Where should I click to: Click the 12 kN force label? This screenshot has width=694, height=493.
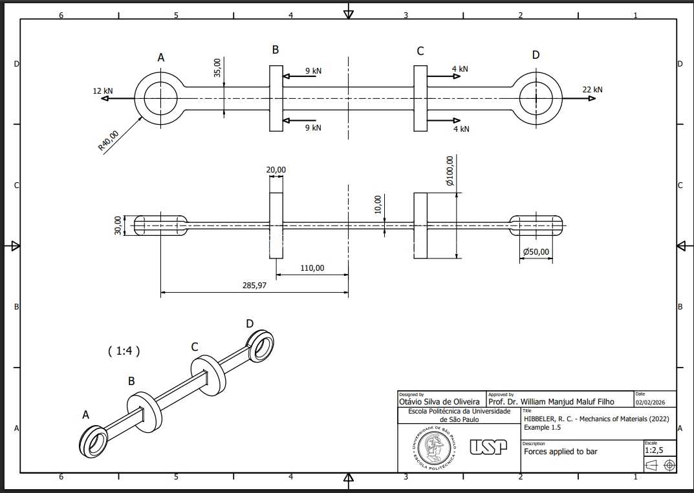click(103, 90)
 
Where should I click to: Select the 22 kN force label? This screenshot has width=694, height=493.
click(592, 89)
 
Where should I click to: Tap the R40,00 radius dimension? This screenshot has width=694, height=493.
click(109, 141)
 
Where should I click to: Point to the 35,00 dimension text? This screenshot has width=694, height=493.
click(217, 68)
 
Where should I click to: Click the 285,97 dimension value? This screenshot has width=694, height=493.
click(254, 285)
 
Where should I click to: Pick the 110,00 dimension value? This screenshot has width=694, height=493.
click(312, 268)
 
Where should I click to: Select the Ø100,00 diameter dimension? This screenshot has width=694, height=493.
click(450, 171)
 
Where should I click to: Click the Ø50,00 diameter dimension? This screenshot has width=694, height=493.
click(536, 251)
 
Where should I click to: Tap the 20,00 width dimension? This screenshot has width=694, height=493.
click(276, 170)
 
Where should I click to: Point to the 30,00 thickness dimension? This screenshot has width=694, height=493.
click(118, 225)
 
